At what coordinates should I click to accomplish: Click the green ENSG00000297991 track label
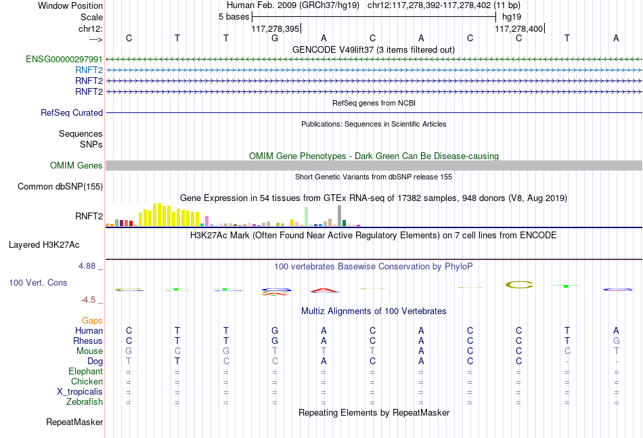[x=64, y=60]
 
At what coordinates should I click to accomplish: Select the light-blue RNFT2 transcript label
[x=89, y=70]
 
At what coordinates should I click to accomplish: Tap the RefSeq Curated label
[x=72, y=113]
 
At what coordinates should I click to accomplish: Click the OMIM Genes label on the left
[x=76, y=165]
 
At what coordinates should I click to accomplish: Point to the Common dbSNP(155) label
[x=60, y=187]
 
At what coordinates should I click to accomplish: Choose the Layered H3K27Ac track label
[x=44, y=245]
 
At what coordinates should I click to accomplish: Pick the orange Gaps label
[x=92, y=321]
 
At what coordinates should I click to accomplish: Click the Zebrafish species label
[x=85, y=402]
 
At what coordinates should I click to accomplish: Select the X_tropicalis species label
[x=80, y=392]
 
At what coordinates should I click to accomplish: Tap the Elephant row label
[x=86, y=372]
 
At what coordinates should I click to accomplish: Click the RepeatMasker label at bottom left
[x=74, y=422]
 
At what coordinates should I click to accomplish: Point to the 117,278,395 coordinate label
[x=275, y=28]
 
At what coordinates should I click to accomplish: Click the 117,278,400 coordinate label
[x=518, y=28]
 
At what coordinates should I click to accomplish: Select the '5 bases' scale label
[x=234, y=17]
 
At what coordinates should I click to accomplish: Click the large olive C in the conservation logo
[x=519, y=284]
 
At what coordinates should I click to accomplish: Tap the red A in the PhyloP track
[x=324, y=290]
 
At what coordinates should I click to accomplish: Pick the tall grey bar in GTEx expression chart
[x=340, y=216]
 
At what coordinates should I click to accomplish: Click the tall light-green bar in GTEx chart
[x=307, y=217]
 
